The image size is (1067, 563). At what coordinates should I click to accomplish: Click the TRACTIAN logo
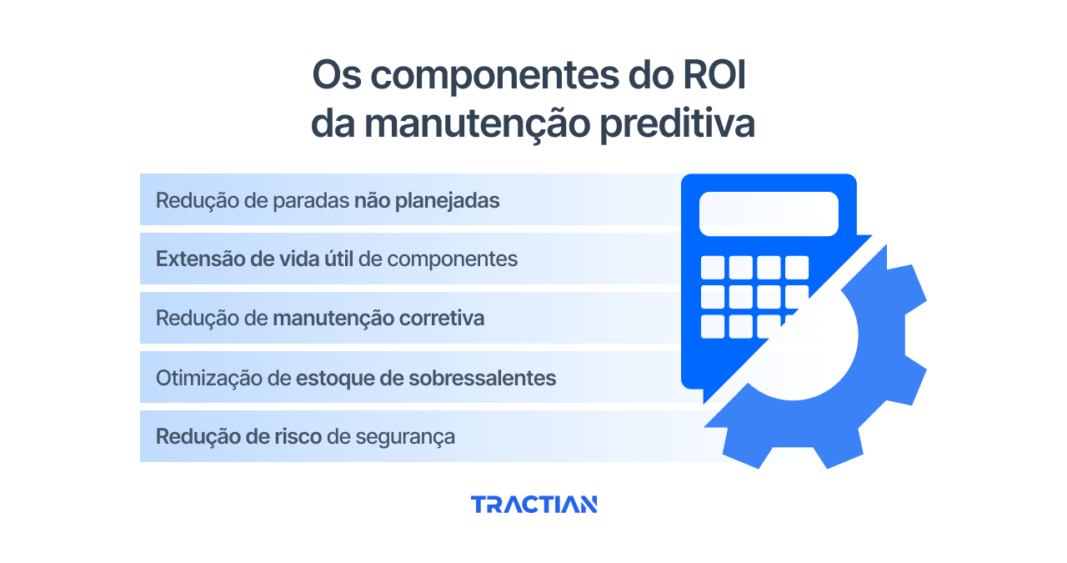533,504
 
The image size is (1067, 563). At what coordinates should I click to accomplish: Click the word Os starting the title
337,76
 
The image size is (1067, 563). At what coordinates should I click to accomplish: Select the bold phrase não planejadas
427,200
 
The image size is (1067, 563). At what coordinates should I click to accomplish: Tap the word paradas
313,200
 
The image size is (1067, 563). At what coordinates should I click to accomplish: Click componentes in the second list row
453,259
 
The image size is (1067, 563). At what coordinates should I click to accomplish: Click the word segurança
405,437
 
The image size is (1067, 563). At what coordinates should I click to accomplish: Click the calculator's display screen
768,214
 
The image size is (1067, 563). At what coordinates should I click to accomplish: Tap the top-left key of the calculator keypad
713,267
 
